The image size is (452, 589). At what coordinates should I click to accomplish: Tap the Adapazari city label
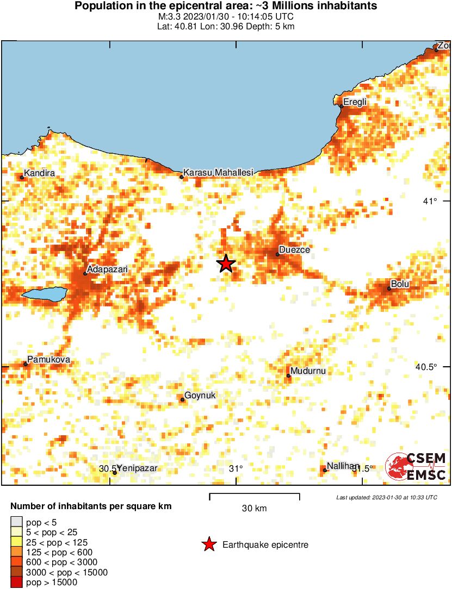pos(108,268)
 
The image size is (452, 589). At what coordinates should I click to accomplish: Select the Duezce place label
pos(294,250)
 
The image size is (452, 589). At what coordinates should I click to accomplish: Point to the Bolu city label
pos(400,284)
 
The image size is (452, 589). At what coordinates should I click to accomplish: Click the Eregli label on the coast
pos(355,102)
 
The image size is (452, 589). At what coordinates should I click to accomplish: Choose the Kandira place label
pos(40,173)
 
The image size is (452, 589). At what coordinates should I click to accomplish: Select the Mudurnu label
pos(308,371)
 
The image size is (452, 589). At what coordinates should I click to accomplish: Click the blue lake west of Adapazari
pos(44,294)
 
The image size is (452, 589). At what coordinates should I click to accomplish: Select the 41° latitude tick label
pos(430,202)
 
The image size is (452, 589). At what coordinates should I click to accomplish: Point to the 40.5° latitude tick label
pos(426,367)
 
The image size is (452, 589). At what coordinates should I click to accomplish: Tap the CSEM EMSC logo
pos(416,467)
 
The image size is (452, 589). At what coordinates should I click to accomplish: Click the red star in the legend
pos(208,544)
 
